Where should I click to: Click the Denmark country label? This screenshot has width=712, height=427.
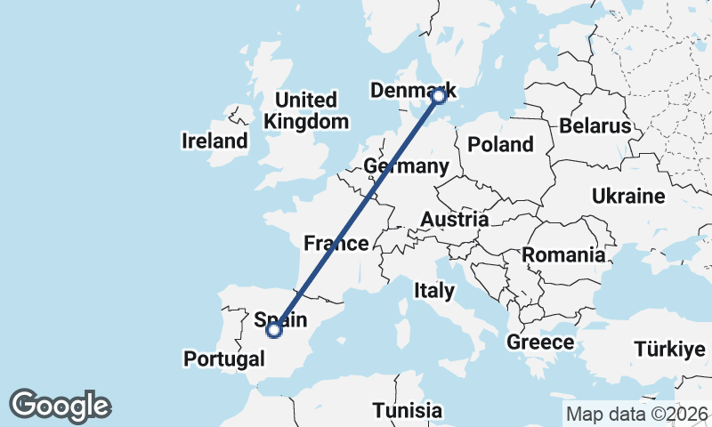pyautogui.click(x=411, y=91)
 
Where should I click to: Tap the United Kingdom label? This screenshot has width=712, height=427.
pyautogui.click(x=305, y=111)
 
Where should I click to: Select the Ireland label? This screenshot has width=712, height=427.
pyautogui.click(x=214, y=141)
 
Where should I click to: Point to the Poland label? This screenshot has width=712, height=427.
pyautogui.click(x=500, y=144)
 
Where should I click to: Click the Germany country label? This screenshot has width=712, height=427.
pyautogui.click(x=406, y=166)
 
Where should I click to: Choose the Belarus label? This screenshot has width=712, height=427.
pyautogui.click(x=595, y=126)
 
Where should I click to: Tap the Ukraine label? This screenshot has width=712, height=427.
pyautogui.click(x=629, y=196)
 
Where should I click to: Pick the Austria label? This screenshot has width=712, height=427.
pyautogui.click(x=454, y=219)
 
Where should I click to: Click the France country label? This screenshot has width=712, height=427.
pyautogui.click(x=336, y=243)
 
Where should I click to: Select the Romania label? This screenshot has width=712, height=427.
pyautogui.click(x=563, y=255)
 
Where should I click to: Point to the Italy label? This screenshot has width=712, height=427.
pyautogui.click(x=434, y=290)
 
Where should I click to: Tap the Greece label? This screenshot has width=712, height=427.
pyautogui.click(x=539, y=342)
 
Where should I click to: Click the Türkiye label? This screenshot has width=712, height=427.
pyautogui.click(x=669, y=350)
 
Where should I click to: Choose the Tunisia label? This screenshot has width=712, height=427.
pyautogui.click(x=407, y=410)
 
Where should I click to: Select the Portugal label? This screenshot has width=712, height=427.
pyautogui.click(x=224, y=359)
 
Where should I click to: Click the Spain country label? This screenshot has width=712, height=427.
pyautogui.click(x=280, y=318)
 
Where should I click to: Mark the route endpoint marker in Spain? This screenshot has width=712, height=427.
pyautogui.click(x=274, y=330)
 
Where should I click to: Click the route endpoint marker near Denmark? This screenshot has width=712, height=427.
pyautogui.click(x=438, y=96)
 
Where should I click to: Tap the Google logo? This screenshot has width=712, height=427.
pyautogui.click(x=61, y=406)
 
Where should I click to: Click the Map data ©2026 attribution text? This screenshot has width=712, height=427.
pyautogui.click(x=636, y=414)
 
